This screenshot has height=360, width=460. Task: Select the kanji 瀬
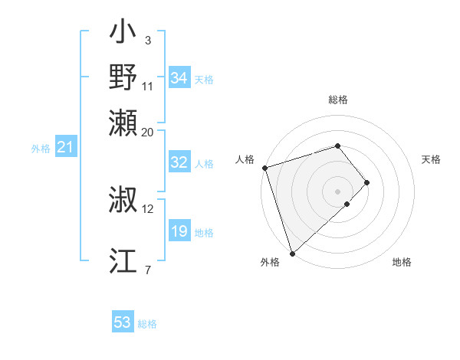[123, 122]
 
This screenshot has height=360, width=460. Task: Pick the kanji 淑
[123, 201]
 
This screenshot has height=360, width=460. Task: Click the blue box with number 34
[179, 78]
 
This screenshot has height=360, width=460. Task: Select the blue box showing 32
[179, 162]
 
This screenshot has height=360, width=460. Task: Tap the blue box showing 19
[179, 231]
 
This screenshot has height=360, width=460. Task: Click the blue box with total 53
[122, 322]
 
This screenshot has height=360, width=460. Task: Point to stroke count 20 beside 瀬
[148, 132]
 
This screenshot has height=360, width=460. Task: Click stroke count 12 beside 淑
[148, 208]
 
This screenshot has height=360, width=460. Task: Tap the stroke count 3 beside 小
[147, 40]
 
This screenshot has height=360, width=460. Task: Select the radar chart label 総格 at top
[338, 100]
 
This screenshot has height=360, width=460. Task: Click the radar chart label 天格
[431, 159]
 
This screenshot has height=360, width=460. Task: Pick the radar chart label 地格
[402, 262]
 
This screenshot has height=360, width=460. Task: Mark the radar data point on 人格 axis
[264, 167]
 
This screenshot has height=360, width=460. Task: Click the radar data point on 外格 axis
[292, 253]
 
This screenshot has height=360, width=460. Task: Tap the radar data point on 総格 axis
[338, 146]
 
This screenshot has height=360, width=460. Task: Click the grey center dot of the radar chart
[338, 191]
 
